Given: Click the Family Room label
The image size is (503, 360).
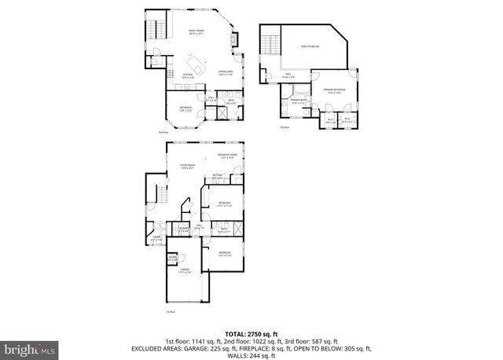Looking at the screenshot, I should click(195, 32).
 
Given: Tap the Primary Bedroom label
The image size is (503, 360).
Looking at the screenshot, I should click(334, 91).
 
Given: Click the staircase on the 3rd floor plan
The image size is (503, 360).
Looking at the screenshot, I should click(271, 40).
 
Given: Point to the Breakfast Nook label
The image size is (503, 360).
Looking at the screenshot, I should click(229, 156).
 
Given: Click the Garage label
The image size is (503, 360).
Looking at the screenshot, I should click(185, 270).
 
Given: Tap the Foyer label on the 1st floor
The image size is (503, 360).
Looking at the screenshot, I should click(156, 238).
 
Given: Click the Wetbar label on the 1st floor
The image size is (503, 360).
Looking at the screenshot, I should click(216, 176).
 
